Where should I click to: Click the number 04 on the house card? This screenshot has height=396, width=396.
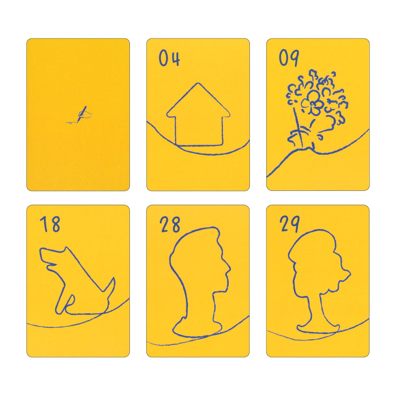169,58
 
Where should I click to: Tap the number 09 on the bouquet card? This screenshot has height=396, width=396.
289,58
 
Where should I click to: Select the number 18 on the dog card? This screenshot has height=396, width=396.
50,224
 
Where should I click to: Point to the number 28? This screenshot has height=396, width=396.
170,224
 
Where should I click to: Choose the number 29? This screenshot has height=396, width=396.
289,224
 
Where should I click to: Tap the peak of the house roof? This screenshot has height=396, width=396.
198,83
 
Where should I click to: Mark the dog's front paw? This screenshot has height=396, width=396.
59,309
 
